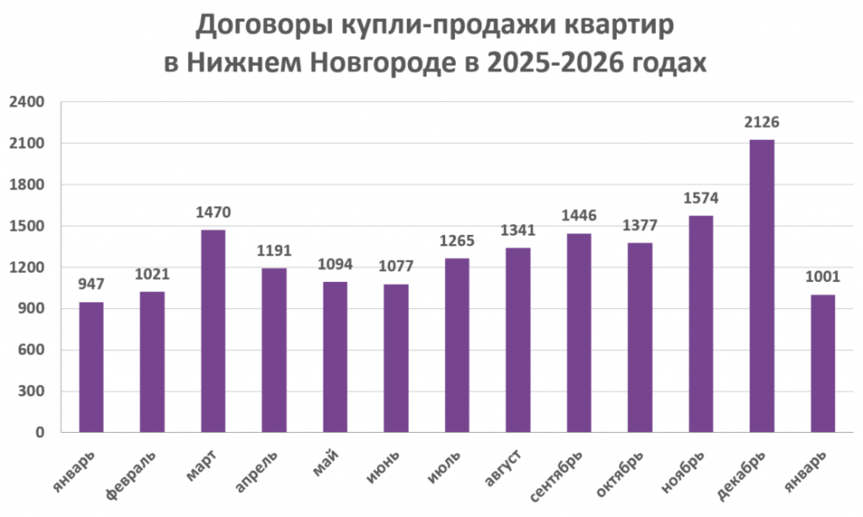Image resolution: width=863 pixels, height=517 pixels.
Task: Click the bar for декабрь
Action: tap(762, 286)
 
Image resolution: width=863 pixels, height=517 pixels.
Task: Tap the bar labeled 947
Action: tap(91, 367)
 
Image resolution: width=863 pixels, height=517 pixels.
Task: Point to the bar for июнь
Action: tap(396, 359)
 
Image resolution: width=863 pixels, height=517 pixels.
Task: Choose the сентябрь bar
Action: tap(579, 333)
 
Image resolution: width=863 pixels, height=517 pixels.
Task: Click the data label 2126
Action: tap(762, 123)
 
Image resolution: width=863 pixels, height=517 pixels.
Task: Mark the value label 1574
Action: tap(700, 199)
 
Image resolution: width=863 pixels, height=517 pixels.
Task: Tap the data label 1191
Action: tap(274, 252)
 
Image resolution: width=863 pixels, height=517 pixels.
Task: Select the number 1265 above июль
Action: tap(457, 242)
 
